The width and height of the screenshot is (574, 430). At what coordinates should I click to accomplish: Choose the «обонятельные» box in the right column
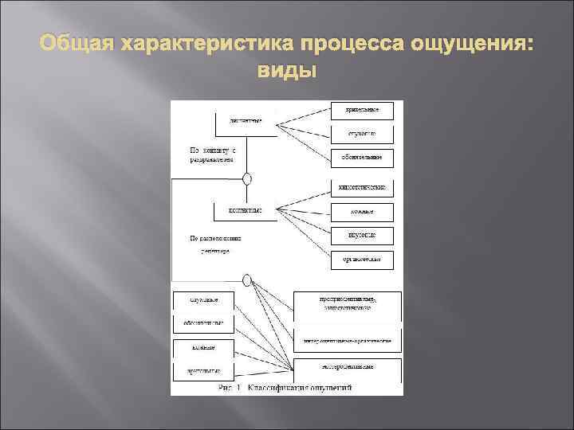[x=362, y=157]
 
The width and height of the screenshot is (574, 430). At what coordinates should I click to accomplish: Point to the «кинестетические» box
[x=362, y=188]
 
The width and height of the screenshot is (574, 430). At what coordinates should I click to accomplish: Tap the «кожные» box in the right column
[x=362, y=212]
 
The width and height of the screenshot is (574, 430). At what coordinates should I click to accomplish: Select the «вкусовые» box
[x=362, y=235]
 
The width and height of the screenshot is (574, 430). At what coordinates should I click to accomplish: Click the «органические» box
[x=362, y=259]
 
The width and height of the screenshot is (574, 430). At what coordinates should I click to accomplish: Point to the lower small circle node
[x=248, y=279]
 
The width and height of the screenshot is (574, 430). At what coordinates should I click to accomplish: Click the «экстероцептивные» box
[x=348, y=367]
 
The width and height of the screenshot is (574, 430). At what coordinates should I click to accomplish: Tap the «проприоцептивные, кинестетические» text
[x=348, y=303]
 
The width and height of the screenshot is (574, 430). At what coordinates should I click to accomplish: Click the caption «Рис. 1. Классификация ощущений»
[x=285, y=388]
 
